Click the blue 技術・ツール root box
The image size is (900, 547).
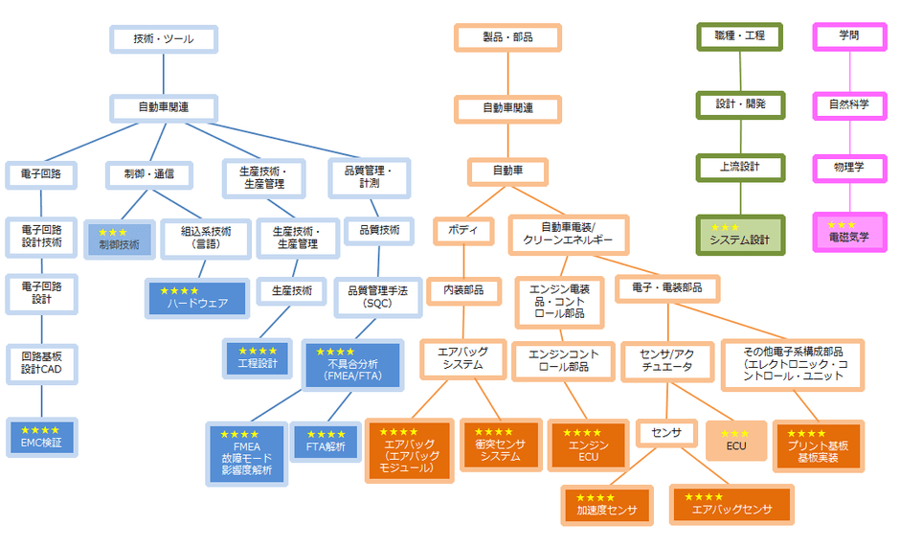pos(164,39)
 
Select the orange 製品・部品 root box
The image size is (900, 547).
pos(507,37)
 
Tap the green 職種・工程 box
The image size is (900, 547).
pos(740,36)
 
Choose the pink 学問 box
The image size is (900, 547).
pos(849,36)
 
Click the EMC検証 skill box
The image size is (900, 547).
pos(41,437)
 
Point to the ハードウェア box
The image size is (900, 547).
pos(195,297)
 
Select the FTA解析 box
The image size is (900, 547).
pos(326,441)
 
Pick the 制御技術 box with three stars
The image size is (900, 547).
pos(119,239)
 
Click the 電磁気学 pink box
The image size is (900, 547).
pos(849,232)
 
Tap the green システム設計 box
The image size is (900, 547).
pos(740,234)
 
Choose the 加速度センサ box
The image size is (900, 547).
pos(607,505)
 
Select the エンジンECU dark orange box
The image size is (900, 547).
pos(588,444)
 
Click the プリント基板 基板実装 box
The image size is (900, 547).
pos(818,444)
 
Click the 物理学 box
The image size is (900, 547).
pos(849,168)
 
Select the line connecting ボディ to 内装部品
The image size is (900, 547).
pos(464,262)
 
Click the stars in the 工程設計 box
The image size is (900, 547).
pos(258,351)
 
